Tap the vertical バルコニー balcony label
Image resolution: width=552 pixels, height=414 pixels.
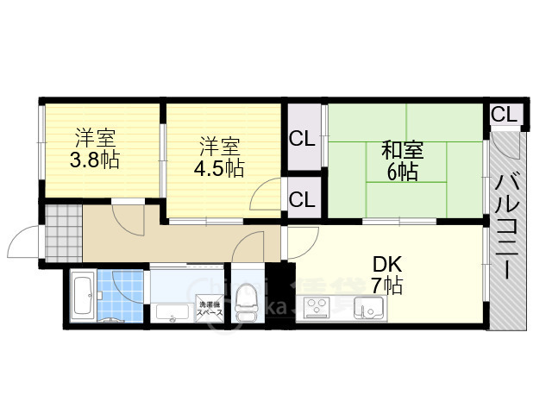point(506,226)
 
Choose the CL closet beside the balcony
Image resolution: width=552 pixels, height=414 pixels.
point(504,114)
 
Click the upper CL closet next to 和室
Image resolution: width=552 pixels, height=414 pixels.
point(302,138)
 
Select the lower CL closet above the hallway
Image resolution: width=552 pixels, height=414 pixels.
point(302,200)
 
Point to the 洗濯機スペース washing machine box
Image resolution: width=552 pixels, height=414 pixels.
point(211,309)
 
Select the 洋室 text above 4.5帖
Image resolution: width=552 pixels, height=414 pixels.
point(219,145)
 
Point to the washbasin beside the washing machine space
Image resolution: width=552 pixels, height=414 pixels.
point(172,312)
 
